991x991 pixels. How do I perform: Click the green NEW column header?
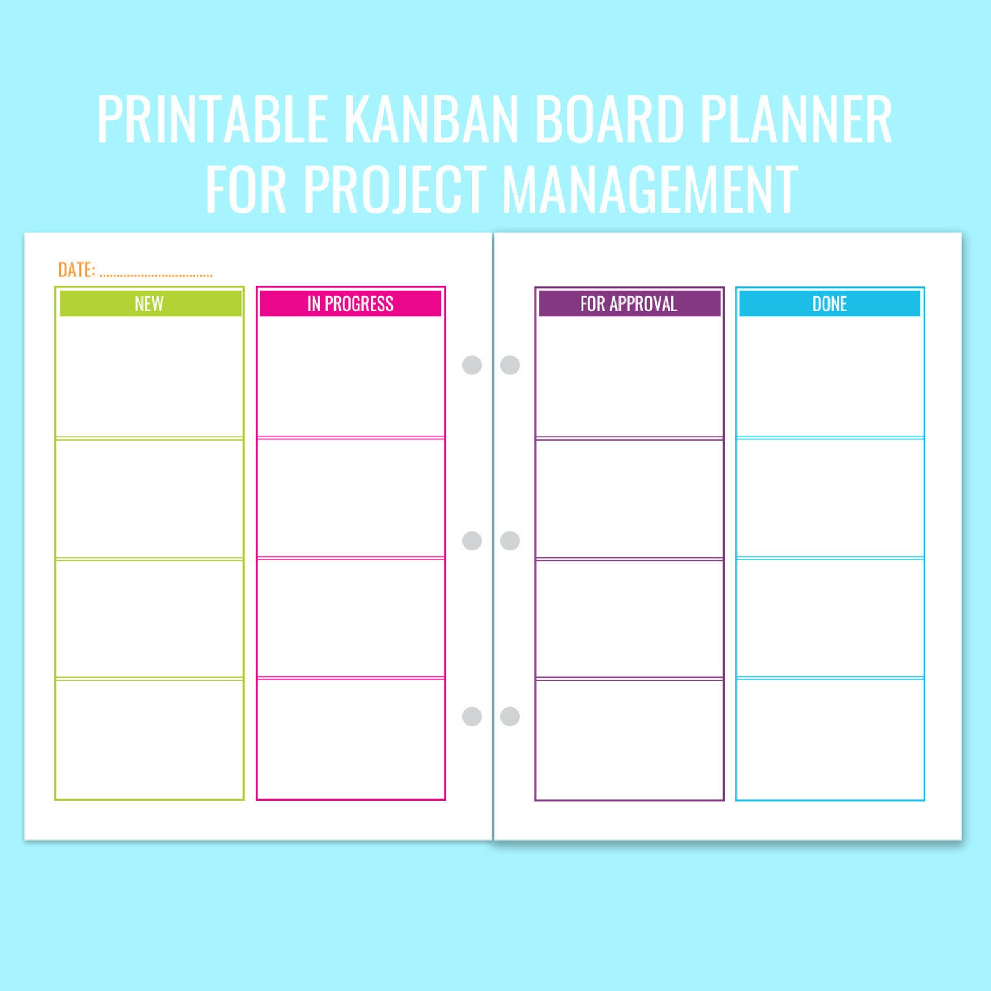click(x=150, y=303)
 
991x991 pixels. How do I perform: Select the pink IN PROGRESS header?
click(x=350, y=303)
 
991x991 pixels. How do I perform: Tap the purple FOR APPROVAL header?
click(x=629, y=303)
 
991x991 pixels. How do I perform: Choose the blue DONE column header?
click(x=829, y=303)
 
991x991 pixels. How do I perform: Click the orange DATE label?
click(x=76, y=270)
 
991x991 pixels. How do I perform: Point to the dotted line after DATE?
click(x=156, y=275)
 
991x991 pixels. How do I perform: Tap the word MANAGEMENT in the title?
click(x=650, y=188)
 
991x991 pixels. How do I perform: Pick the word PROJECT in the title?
click(x=394, y=188)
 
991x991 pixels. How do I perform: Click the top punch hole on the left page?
click(x=472, y=365)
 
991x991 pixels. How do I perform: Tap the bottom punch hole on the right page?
click(x=510, y=716)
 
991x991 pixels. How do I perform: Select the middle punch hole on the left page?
click(x=472, y=540)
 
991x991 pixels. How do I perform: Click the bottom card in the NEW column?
click(x=149, y=739)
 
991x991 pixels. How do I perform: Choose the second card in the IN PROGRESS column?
click(x=351, y=498)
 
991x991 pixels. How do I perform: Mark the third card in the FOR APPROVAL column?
click(x=629, y=618)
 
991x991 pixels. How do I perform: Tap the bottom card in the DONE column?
click(x=830, y=739)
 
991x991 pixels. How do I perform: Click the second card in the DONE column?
click(x=830, y=498)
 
